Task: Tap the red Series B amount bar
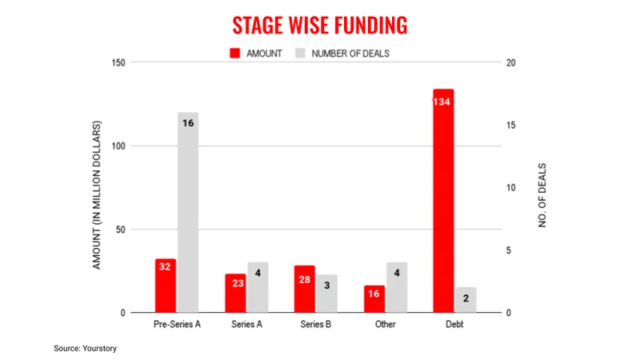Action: [x=305, y=289]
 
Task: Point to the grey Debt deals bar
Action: [x=466, y=300]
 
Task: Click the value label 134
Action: [x=443, y=102]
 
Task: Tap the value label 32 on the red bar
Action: [x=166, y=266]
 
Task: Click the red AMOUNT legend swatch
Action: [x=235, y=54]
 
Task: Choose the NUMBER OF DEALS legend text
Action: [x=350, y=54]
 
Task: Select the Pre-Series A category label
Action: [x=177, y=326]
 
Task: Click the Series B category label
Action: [x=316, y=326]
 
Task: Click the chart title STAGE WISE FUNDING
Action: [x=320, y=26]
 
